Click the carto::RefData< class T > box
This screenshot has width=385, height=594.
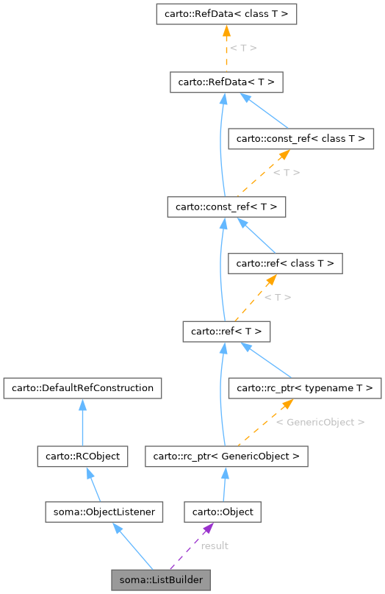click(226, 14)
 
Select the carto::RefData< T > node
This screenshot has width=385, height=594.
click(226, 82)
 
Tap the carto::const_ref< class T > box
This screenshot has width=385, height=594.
click(301, 137)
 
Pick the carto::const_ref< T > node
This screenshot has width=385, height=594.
click(226, 207)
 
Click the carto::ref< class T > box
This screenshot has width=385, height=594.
click(285, 262)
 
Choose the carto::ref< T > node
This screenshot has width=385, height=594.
click(226, 332)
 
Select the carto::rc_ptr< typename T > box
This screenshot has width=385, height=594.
click(304, 387)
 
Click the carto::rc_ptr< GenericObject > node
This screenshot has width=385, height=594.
click(226, 457)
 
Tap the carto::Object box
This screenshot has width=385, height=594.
click(223, 512)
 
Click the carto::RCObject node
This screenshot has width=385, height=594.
click(82, 457)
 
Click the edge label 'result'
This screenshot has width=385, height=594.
click(215, 545)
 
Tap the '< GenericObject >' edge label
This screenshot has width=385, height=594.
click(320, 422)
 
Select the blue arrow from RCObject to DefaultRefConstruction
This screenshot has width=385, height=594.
click(82, 422)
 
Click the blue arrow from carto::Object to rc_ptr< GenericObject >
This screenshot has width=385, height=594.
click(224, 484)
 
